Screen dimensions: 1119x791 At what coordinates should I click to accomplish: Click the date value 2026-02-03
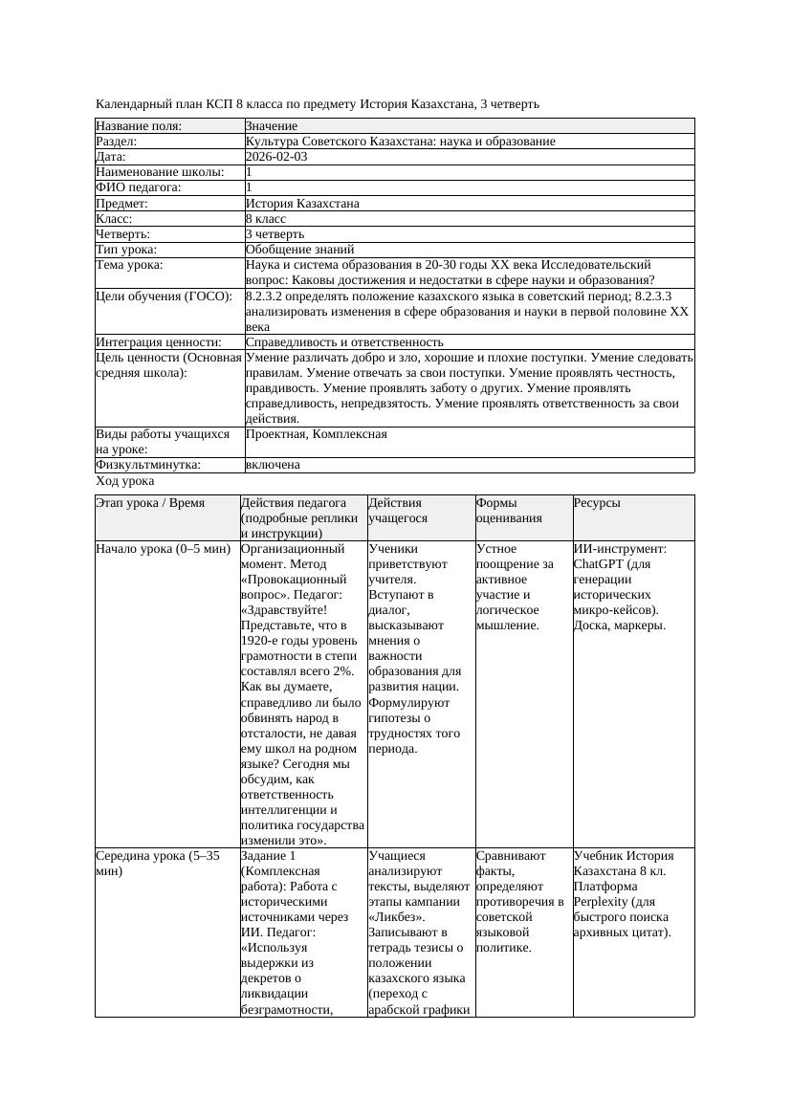(x=276, y=157)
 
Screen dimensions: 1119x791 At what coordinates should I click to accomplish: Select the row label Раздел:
(x=118, y=142)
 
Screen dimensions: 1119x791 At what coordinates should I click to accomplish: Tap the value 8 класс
(x=266, y=218)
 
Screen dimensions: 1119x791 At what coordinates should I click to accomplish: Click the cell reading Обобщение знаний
(x=292, y=249)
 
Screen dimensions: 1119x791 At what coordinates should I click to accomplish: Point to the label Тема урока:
(x=129, y=264)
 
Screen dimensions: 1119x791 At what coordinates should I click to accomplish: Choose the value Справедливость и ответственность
(x=344, y=341)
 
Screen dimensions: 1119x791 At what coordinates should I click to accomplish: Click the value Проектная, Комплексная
(x=316, y=434)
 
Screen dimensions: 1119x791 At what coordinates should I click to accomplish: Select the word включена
(x=273, y=465)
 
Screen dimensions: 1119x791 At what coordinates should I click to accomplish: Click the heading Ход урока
(x=125, y=482)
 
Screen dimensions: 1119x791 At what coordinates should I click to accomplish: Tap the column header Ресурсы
(x=597, y=502)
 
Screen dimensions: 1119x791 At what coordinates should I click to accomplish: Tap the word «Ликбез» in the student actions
(x=396, y=917)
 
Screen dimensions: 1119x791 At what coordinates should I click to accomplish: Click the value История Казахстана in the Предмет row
(x=302, y=203)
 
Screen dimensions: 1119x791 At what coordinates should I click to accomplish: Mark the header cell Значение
(x=272, y=126)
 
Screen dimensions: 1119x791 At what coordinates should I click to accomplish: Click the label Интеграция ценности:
(x=159, y=341)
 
